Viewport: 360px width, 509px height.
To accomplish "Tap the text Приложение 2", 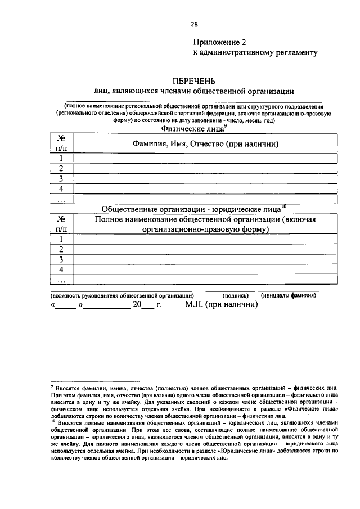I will click(220, 42).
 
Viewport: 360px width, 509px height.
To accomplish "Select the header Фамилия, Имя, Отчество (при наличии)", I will click(206, 145).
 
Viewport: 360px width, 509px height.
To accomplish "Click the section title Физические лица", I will click(191, 129).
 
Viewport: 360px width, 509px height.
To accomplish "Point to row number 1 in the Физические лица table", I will click(61, 158).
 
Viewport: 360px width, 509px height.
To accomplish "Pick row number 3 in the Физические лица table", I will click(61, 178).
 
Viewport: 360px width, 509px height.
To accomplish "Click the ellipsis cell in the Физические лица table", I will click(61, 199).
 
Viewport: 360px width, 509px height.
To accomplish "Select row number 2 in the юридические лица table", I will click(61, 249).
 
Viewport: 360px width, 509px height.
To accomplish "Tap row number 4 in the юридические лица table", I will click(61, 269).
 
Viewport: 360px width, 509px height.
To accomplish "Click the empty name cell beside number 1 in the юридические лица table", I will click(206, 239).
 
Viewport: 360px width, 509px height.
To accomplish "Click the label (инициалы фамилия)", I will click(287, 295).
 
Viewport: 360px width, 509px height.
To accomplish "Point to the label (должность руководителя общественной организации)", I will click(123, 295).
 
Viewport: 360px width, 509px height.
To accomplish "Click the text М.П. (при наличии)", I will click(222, 305).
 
